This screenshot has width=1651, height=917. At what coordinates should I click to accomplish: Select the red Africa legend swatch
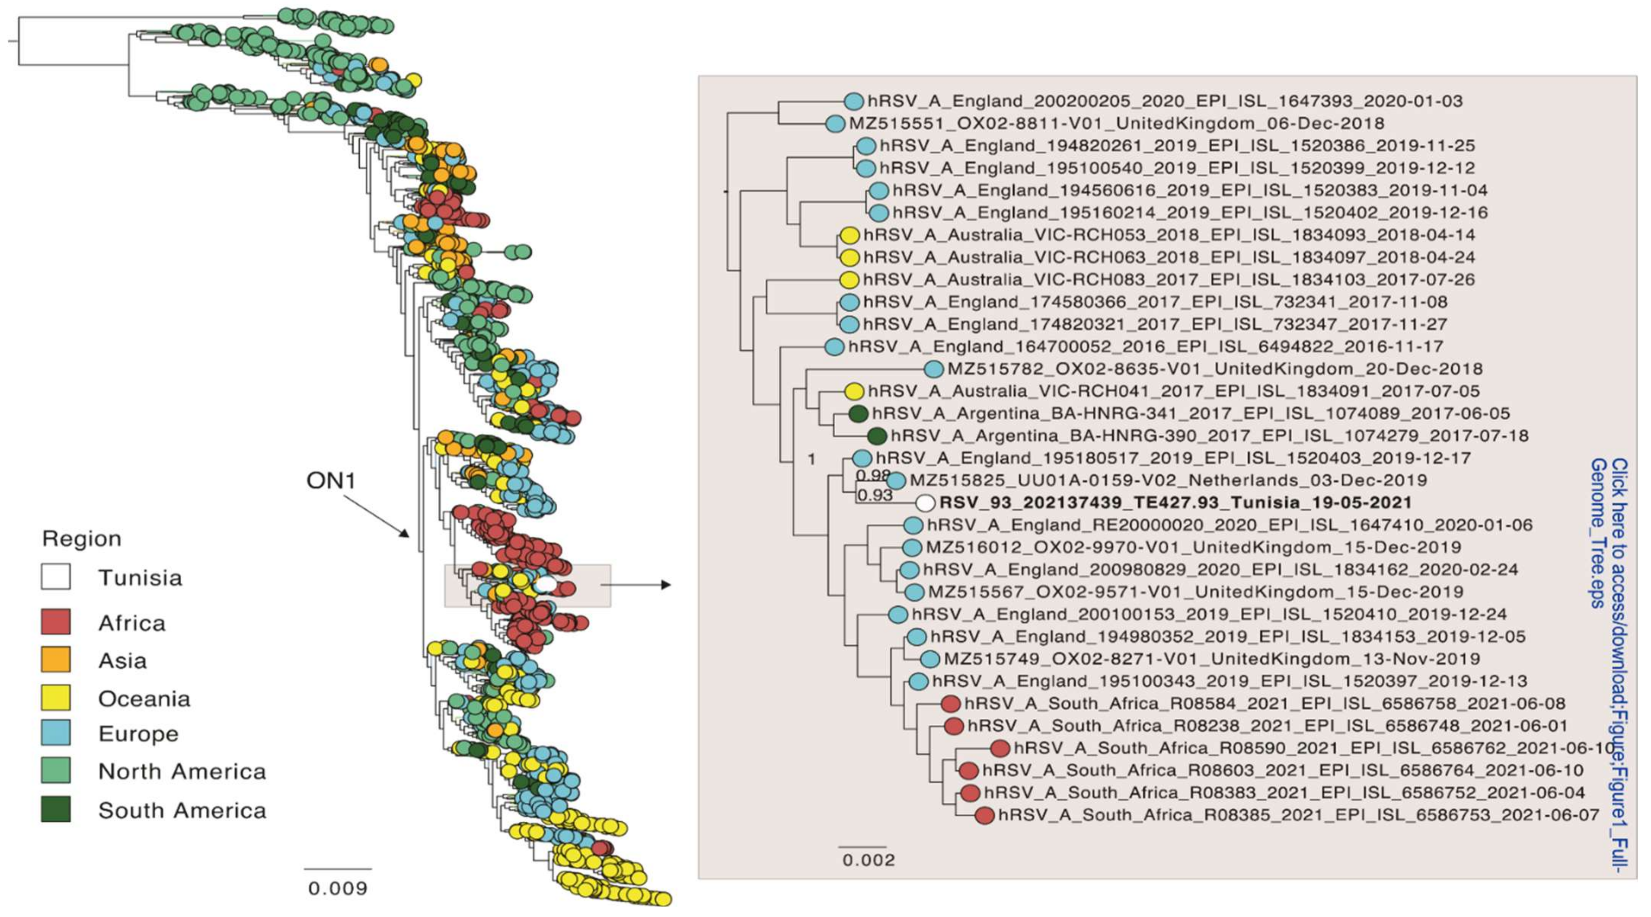click(x=56, y=621)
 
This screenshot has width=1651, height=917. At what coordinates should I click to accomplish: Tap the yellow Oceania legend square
click(x=56, y=697)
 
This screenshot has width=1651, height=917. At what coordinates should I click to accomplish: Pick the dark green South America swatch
click(x=56, y=809)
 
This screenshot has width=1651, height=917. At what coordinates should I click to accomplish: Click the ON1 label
click(x=331, y=480)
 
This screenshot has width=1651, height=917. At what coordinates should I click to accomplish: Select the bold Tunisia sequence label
click(x=1175, y=503)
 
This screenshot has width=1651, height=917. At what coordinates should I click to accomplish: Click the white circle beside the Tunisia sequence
click(x=925, y=503)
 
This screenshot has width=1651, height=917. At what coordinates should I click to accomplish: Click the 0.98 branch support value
click(x=873, y=475)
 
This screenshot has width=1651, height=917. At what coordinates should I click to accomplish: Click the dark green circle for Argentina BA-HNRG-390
click(x=877, y=436)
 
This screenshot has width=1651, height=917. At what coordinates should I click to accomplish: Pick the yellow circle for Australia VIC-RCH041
click(x=854, y=391)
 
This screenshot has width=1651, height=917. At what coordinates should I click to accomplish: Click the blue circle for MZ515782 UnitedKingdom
click(x=934, y=369)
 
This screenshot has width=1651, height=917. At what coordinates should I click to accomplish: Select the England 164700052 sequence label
click(x=1146, y=346)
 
